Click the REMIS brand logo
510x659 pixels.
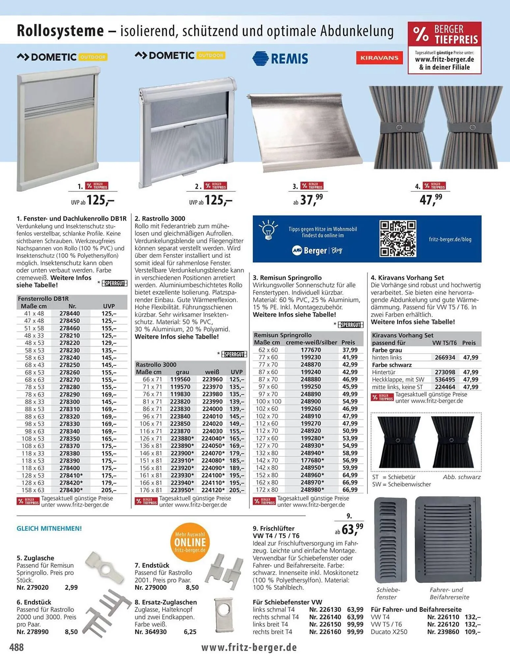[280, 58]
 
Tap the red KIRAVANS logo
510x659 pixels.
[379, 58]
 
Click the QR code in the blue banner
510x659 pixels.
[398, 239]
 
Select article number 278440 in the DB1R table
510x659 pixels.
[70, 313]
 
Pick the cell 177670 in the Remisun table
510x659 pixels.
[310, 350]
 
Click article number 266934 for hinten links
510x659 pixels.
[445, 358]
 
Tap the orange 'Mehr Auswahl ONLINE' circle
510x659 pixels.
[190, 542]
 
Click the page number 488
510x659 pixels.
[16, 647]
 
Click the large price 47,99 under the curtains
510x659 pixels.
[431, 199]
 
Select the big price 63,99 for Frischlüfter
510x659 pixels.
[352, 529]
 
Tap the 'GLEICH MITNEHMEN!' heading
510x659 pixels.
[49, 528]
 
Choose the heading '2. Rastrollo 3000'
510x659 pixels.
[160, 218]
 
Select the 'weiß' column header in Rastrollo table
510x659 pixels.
[212, 372]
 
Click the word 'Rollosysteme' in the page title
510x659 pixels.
[60, 31]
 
